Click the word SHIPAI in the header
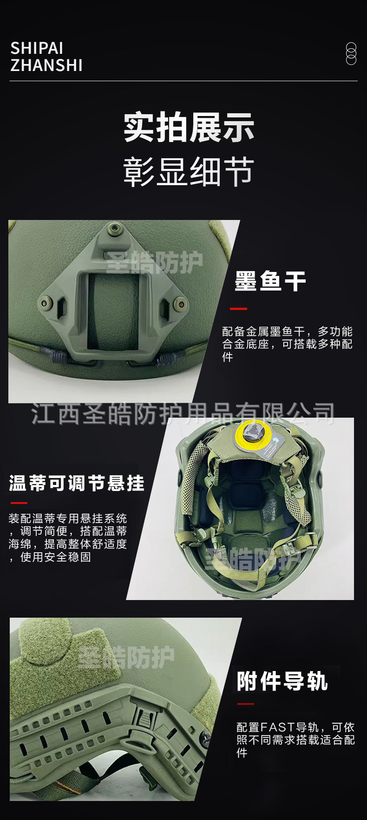tap(37, 48)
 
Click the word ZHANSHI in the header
tap(46, 65)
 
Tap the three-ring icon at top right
tap(351, 53)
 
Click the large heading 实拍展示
tap(189, 127)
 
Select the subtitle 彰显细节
tap(189, 172)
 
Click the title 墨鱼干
tap(270, 281)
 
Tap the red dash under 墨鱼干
tap(238, 309)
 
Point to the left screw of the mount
tap(45, 303)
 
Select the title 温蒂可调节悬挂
tap(77, 483)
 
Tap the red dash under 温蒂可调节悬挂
tap(19, 503)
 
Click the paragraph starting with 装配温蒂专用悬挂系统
tap(68, 537)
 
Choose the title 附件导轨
tap(282, 681)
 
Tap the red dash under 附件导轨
tap(245, 704)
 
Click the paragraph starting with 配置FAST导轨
tap(295, 740)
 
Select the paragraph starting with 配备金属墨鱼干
tap(287, 344)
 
